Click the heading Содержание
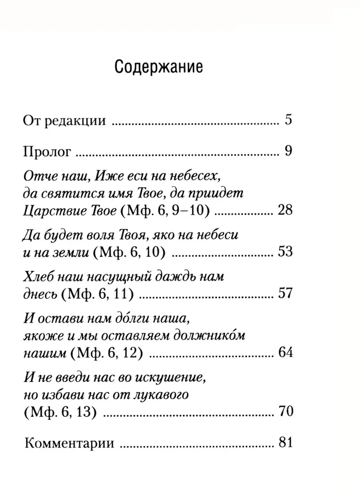click(158, 67)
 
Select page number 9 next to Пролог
click(288, 150)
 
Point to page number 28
click(284, 211)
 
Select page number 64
click(284, 352)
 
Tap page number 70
click(284, 411)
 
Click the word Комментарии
click(69, 444)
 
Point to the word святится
click(65, 194)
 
